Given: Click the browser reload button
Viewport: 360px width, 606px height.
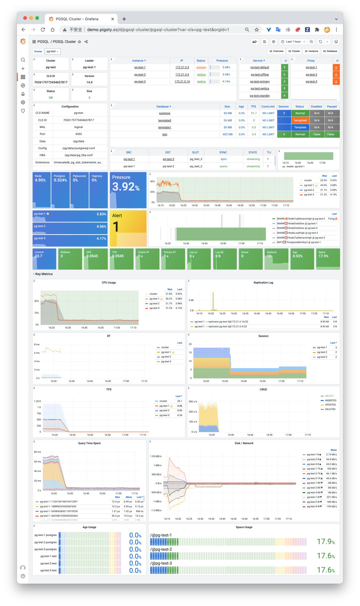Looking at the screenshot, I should point(43,30).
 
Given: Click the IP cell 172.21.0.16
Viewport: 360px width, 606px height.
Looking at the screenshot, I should point(182,82).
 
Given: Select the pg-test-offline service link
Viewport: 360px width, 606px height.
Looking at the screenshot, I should point(260,75).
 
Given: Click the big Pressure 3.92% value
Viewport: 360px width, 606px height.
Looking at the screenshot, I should point(126,187).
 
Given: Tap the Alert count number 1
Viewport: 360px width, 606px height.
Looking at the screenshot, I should point(116,227).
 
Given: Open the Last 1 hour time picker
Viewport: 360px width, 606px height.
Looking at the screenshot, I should point(293,42).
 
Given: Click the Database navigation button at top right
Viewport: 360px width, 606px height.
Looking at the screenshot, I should point(330,51).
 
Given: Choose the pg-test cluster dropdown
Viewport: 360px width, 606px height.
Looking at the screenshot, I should point(53,51).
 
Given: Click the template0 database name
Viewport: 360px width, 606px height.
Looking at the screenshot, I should point(165,120).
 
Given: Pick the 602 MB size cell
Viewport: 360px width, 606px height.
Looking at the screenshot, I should point(228,134).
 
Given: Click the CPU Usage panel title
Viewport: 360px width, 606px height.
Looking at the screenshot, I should point(109,283).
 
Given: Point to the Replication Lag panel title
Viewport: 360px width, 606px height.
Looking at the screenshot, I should point(263,283).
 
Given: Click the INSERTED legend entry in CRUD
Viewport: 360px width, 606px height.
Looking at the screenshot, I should point(330,400).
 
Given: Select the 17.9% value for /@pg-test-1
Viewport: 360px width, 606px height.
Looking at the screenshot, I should point(326,542).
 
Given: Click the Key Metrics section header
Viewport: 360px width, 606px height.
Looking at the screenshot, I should point(44,274).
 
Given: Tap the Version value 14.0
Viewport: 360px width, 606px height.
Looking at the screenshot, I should point(89,82).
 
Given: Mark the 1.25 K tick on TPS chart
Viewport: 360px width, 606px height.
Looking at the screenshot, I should point(37,401).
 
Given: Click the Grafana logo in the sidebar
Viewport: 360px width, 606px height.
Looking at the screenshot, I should point(23,42).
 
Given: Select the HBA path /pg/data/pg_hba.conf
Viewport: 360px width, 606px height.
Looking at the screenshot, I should point(79,155).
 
